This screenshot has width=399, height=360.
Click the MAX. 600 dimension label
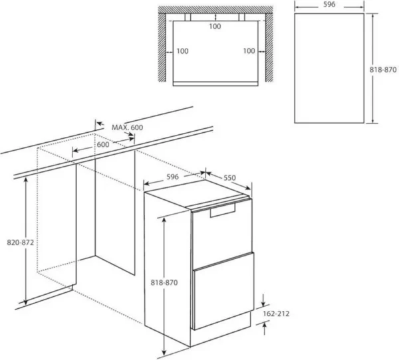127,127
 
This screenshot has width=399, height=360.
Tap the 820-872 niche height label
21,242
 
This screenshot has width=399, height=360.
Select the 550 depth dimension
229,178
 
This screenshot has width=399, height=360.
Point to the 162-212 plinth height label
276,314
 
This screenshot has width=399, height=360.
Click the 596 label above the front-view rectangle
329,5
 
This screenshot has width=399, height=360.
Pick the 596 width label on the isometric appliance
172,177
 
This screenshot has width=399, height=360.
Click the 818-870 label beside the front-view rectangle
383,70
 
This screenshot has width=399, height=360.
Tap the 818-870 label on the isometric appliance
164,282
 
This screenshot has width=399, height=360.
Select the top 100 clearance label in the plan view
215,27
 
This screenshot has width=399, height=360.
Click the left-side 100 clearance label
182,51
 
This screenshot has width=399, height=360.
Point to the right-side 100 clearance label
249,51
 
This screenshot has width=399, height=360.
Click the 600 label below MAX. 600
103,144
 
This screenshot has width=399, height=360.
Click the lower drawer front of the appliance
223,291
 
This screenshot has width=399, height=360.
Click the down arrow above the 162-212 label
263,300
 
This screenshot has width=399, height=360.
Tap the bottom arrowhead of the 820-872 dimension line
25,302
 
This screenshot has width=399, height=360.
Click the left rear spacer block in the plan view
188,17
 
